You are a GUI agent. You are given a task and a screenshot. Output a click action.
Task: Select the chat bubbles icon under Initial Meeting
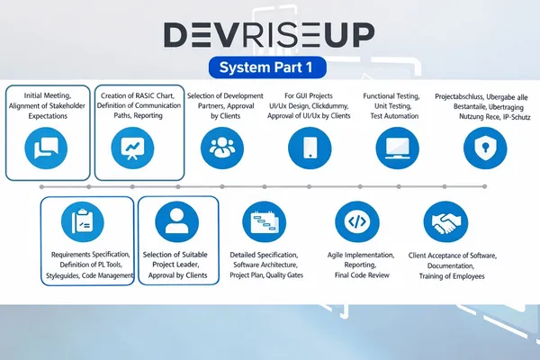pos(40,144)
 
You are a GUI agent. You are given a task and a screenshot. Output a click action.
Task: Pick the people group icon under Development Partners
pos(220,144)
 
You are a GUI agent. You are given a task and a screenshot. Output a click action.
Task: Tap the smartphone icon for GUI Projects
pos(305,144)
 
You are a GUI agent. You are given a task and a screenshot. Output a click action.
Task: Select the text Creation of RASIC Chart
pos(139,95)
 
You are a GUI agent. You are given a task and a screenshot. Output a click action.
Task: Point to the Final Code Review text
pos(356,276)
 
